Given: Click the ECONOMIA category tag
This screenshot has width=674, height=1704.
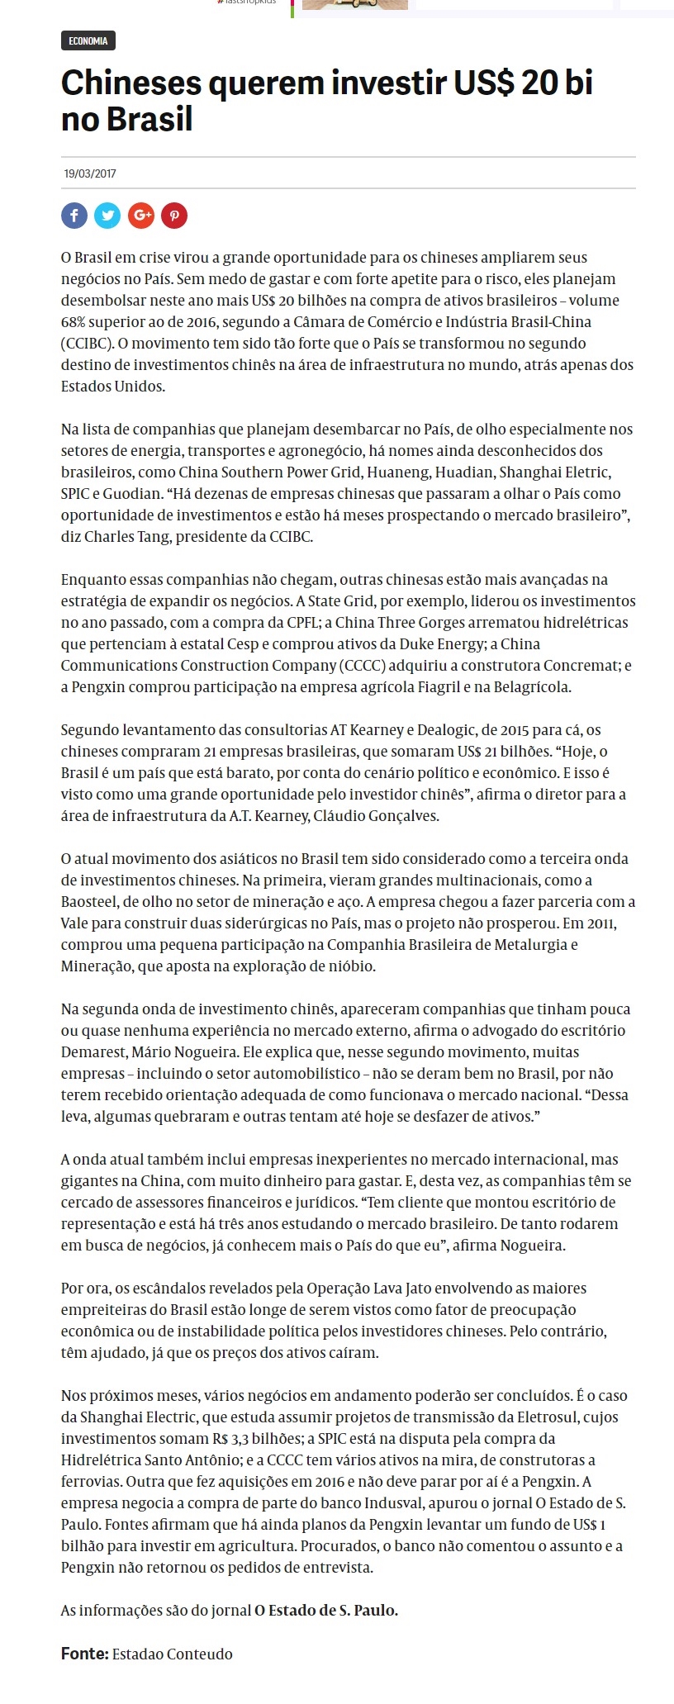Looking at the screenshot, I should [x=88, y=40].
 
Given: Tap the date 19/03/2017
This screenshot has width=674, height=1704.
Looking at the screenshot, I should [x=90, y=174].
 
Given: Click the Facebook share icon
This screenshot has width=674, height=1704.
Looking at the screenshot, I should [x=74, y=216].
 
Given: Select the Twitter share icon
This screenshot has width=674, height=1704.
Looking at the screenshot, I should [x=107, y=216].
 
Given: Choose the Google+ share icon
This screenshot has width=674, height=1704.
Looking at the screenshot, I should [x=141, y=216].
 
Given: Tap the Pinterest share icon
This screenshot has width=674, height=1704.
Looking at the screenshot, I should [x=174, y=216].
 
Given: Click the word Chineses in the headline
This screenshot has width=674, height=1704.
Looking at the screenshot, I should [x=130, y=83].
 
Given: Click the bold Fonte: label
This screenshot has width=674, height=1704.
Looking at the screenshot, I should [x=84, y=1654].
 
